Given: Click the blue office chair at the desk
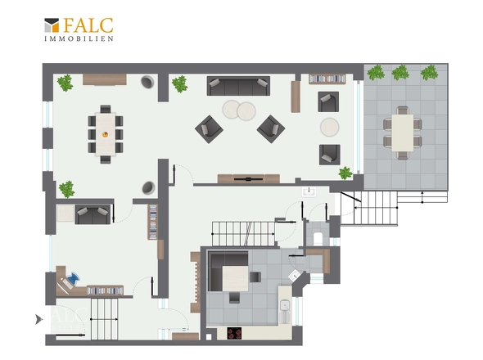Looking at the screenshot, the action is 73,278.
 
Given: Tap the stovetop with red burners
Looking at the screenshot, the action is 234,333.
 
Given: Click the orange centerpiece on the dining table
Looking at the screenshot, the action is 105,134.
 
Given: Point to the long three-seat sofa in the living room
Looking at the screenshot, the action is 238,86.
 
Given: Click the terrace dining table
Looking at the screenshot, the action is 402,133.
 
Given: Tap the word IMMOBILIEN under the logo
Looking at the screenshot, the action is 79,38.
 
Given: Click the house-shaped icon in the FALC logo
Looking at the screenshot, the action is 52,25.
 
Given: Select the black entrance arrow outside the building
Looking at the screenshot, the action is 38,320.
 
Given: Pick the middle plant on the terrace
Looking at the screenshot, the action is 400,73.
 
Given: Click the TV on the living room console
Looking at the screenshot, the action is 248,178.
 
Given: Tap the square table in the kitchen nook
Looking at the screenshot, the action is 235,278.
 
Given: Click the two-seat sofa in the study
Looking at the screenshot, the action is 93,214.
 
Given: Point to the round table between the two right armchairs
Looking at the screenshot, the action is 330,127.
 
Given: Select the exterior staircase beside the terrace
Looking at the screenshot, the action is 369,208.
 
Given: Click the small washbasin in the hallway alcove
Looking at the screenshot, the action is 309,191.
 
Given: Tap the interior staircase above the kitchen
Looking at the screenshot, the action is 243,234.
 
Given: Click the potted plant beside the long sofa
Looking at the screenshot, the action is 179,83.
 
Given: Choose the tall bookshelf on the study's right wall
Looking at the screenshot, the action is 153,222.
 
